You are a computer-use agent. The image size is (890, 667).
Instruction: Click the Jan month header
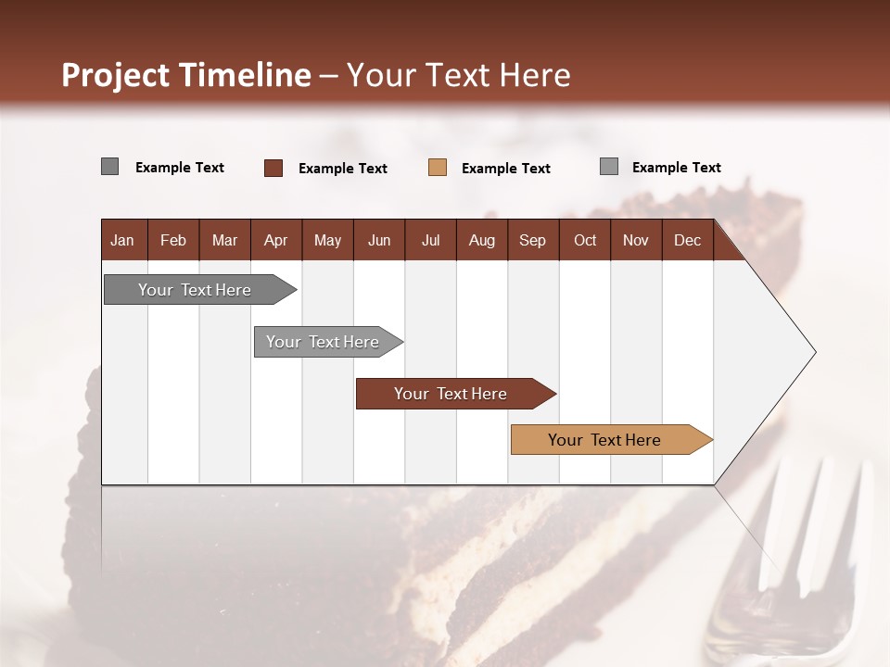tap(122, 241)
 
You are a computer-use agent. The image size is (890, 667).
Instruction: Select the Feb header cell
tap(173, 241)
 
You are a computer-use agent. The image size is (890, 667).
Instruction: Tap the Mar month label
tap(224, 241)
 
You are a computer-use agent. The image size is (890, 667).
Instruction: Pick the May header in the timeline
tap(327, 241)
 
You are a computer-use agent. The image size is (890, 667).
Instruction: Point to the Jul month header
tap(430, 241)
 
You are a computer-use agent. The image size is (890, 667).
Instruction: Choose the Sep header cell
tap(532, 241)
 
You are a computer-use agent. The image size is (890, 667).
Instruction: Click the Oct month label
tap(585, 241)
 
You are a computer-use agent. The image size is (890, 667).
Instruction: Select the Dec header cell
tap(687, 241)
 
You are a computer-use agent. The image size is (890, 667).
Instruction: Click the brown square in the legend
tap(273, 168)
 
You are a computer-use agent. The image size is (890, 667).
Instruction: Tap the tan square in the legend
tap(438, 168)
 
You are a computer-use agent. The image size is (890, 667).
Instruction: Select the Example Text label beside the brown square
tap(342, 169)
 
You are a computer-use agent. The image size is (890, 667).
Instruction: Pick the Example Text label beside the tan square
tap(505, 169)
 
